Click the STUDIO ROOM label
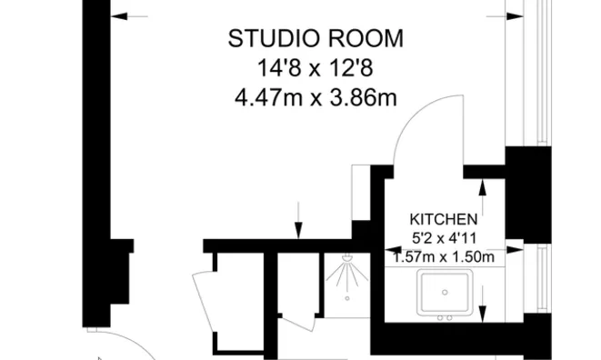coord(316,38)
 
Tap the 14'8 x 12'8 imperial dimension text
coord(316,67)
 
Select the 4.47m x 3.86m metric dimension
coord(316,96)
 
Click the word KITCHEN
coord(444,219)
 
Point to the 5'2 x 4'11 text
coord(444,239)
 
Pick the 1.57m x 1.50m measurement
coord(444,257)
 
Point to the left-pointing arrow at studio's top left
coord(128,15)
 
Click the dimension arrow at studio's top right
coord(515,15)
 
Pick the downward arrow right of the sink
coord(483,300)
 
